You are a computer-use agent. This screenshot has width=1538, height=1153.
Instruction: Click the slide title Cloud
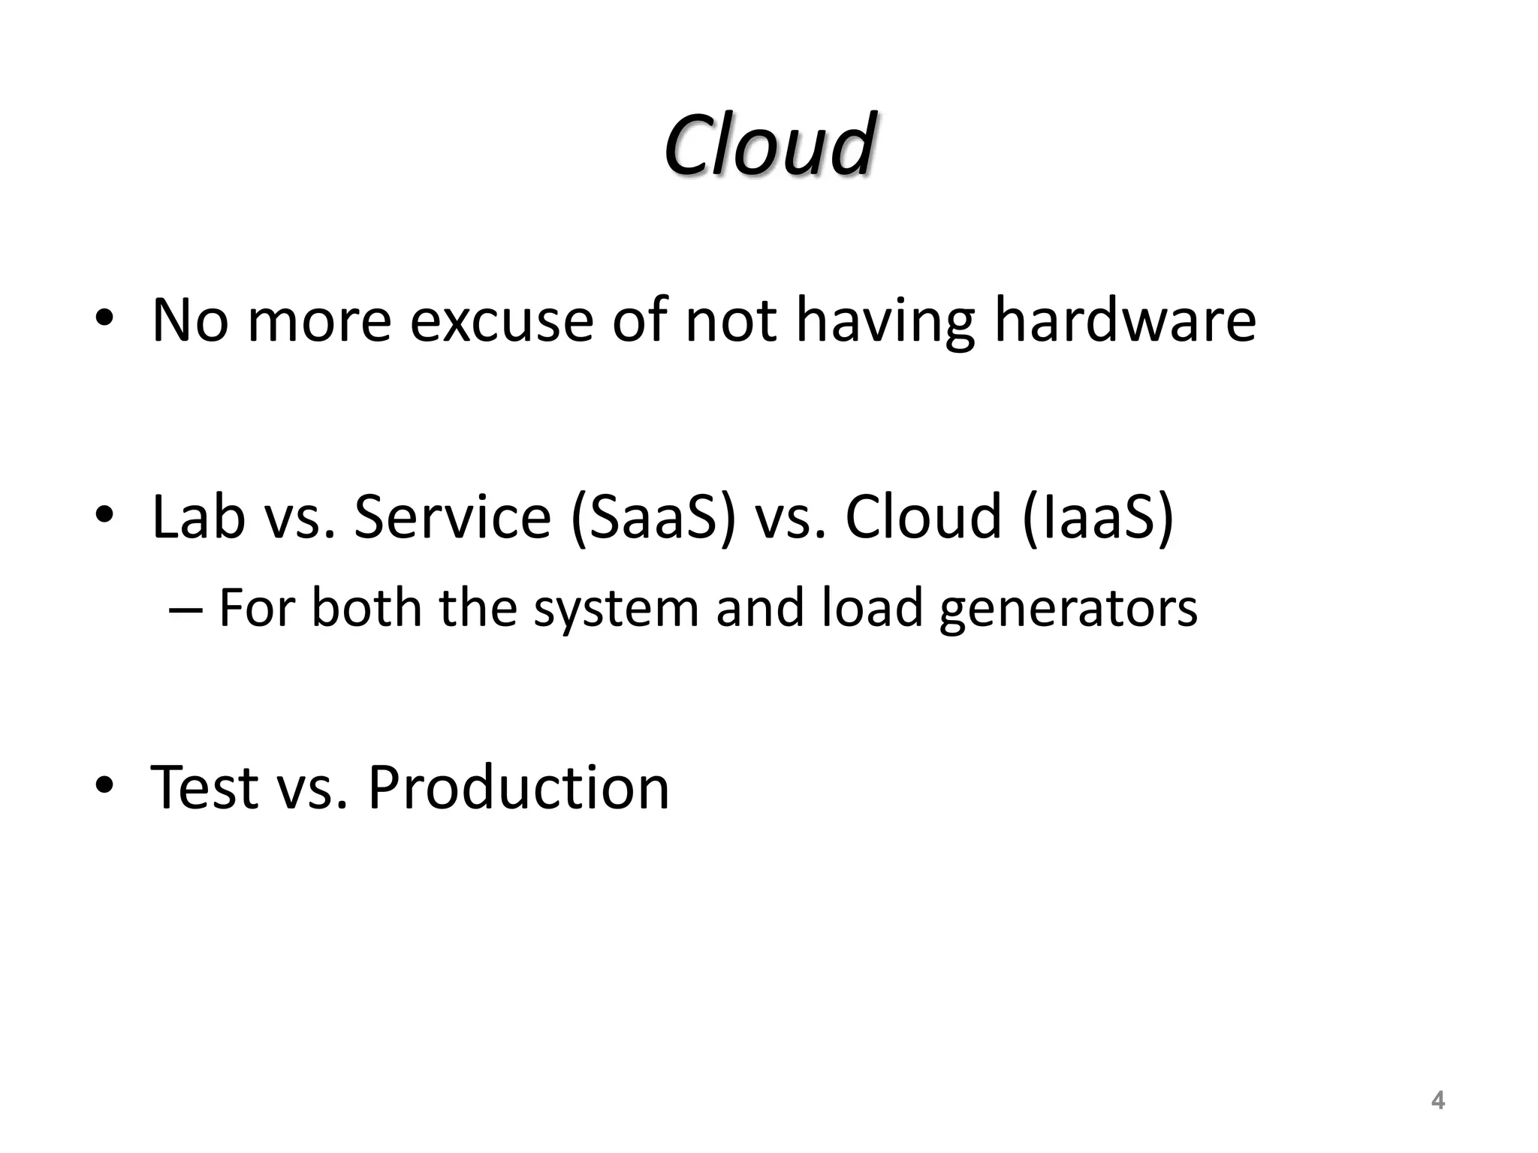(x=768, y=144)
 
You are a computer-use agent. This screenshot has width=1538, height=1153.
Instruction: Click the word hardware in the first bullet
(x=1125, y=321)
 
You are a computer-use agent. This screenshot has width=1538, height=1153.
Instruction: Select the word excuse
(x=502, y=321)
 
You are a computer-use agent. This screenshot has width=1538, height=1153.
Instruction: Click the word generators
(x=1068, y=608)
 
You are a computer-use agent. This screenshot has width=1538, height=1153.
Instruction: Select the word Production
(x=518, y=787)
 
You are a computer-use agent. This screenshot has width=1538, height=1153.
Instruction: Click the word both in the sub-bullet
(x=366, y=608)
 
